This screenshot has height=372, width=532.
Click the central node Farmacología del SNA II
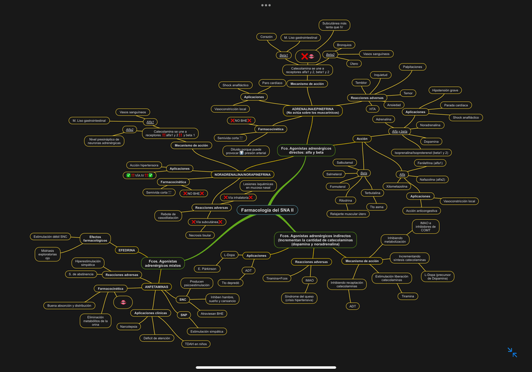[x=268, y=210]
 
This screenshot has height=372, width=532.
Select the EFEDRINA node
[x=127, y=250]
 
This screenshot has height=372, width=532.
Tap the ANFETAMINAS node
[x=156, y=287]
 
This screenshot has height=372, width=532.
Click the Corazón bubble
[x=267, y=37]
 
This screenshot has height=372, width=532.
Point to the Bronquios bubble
[x=344, y=45]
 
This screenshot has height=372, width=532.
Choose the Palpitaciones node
[x=413, y=67]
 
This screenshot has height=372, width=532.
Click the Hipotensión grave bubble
[x=445, y=90]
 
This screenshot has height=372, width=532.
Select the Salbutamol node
[x=346, y=163]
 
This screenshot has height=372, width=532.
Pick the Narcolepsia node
[x=129, y=327]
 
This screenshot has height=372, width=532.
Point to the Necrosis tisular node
[x=199, y=235]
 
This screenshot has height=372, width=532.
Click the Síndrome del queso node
[x=299, y=298]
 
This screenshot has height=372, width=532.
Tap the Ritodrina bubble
[x=346, y=200]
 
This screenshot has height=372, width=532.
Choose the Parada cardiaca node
[x=456, y=106]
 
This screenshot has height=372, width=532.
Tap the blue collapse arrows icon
[x=513, y=353]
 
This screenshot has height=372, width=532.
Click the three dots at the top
[x=266, y=5]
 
